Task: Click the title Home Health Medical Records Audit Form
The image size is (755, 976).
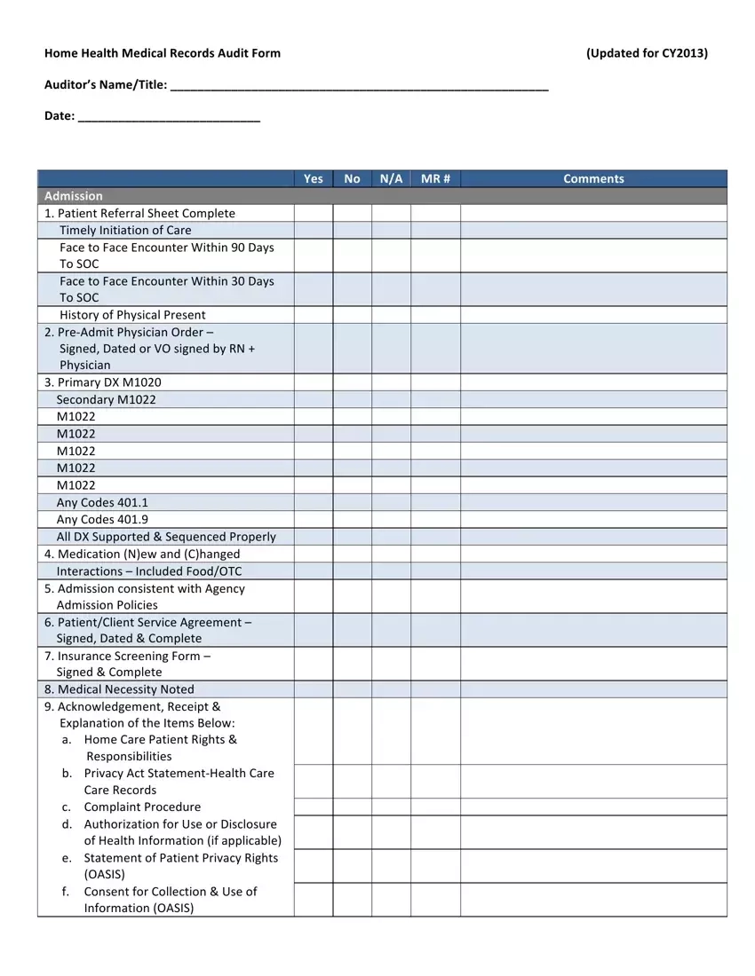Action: pyautogui.click(x=163, y=53)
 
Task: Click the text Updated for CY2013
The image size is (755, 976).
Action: pyautogui.click(x=647, y=53)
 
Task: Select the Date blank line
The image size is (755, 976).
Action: pyautogui.click(x=169, y=116)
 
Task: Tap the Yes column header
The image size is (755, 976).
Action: pyautogui.click(x=314, y=178)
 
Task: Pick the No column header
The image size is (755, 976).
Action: pyautogui.click(x=352, y=178)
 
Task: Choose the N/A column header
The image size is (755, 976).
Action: pyautogui.click(x=391, y=178)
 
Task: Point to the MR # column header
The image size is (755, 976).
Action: pyautogui.click(x=435, y=178)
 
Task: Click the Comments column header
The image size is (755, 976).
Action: pyautogui.click(x=593, y=178)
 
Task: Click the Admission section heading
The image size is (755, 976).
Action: pyautogui.click(x=74, y=196)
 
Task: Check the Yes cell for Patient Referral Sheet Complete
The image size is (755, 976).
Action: pyautogui.click(x=314, y=213)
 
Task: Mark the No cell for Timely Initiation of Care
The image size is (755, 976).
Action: pyautogui.click(x=352, y=230)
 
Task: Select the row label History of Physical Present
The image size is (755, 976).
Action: pyautogui.click(x=132, y=315)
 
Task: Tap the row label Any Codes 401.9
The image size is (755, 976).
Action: pyautogui.click(x=102, y=519)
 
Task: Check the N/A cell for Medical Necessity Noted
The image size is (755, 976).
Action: pyautogui.click(x=391, y=689)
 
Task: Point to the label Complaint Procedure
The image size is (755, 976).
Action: pyautogui.click(x=142, y=807)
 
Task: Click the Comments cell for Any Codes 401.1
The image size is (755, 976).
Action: pyautogui.click(x=593, y=502)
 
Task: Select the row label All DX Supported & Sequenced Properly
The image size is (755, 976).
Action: pyautogui.click(x=166, y=537)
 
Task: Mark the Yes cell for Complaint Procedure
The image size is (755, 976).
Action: pyautogui.click(x=314, y=807)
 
